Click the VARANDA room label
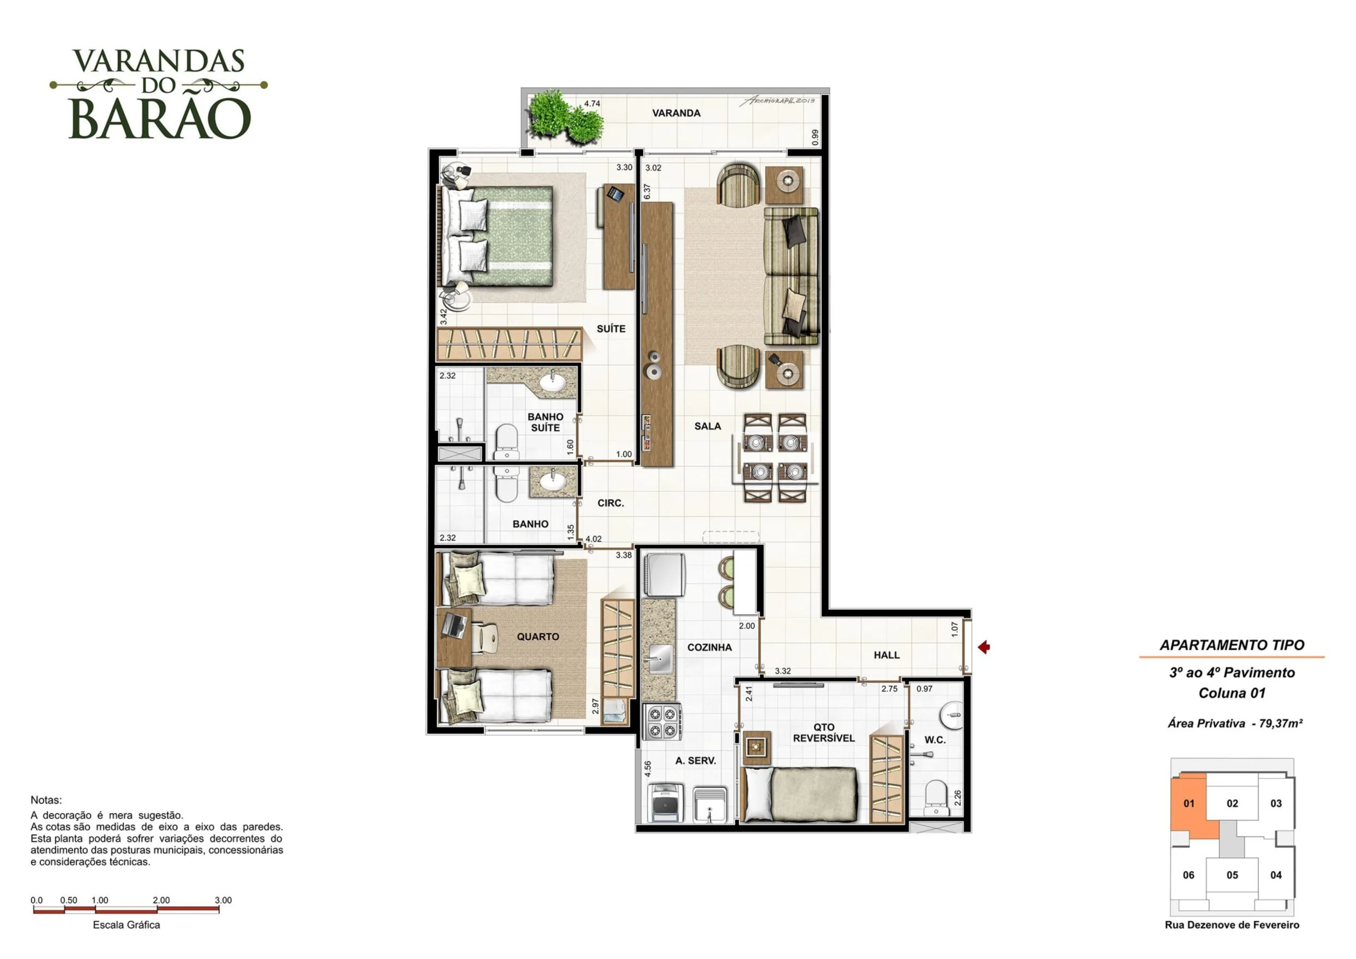[676, 113]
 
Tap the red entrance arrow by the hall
[983, 647]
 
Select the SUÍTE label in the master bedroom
[611, 329]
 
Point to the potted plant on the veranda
[565, 118]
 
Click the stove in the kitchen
[663, 722]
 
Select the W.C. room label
[935, 740]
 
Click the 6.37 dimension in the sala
[647, 191]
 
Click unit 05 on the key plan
[1232, 875]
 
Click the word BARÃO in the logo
[160, 119]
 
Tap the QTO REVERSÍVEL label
[824, 733]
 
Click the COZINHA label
[709, 647]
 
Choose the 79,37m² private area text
[1280, 723]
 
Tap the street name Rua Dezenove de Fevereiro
[1232, 925]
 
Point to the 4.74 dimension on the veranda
[592, 103]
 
